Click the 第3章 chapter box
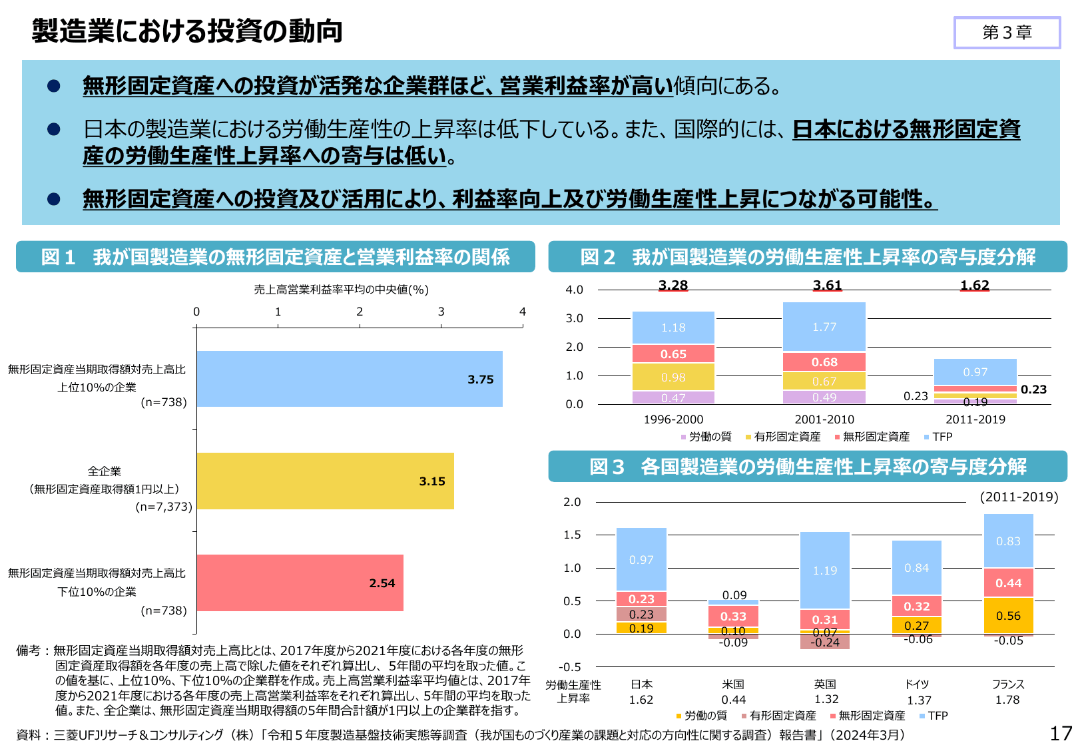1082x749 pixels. click(x=1007, y=33)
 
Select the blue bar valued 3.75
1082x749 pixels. click(x=349, y=379)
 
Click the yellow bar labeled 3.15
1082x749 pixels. click(x=325, y=481)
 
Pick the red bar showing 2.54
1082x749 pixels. click(x=300, y=583)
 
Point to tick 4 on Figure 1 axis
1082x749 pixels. click(x=523, y=312)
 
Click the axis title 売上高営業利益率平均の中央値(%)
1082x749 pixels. click(x=341, y=290)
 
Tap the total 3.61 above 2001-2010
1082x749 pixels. click(x=827, y=286)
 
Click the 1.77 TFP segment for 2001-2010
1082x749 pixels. click(x=824, y=327)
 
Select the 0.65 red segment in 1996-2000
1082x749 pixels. click(x=673, y=354)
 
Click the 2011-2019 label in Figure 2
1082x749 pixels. click(x=975, y=419)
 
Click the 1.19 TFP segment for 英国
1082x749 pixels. click(x=825, y=571)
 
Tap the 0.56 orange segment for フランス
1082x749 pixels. click(x=1008, y=616)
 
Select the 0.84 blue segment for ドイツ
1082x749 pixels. click(x=917, y=568)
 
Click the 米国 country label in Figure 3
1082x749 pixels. click(x=733, y=684)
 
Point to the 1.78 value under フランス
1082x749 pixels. click(x=1007, y=700)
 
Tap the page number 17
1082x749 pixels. click(x=1061, y=734)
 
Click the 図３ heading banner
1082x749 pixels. click(x=807, y=467)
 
